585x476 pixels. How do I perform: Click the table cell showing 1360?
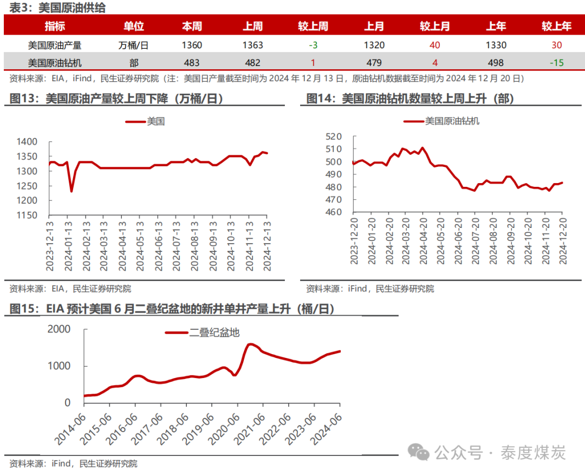192,45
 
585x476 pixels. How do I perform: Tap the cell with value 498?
496,63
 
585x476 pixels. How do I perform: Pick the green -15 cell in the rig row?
556,63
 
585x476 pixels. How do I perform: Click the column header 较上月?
435,26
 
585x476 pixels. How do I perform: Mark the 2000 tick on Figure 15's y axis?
59,329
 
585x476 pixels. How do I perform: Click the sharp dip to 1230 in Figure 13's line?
71,191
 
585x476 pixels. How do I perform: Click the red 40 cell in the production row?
434,45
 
